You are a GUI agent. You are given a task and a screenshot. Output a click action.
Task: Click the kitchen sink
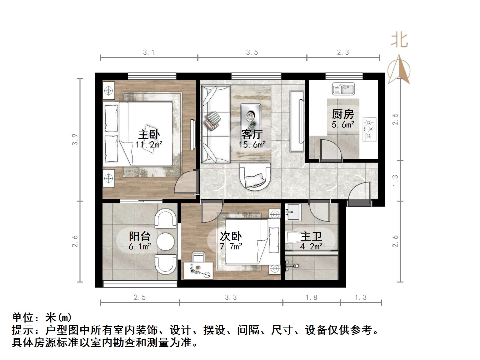coord(343,89)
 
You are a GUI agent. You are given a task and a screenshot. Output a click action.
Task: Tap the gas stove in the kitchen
coord(369,129)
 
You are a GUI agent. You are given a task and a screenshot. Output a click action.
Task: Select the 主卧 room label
coord(149,135)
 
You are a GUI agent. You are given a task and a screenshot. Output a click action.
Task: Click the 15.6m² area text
coord(252,145)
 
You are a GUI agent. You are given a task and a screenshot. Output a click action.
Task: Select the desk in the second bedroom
coord(198,271)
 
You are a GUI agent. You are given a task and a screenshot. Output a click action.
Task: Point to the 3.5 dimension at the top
coord(252,52)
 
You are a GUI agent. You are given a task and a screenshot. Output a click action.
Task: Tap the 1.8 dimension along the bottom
coord(311,297)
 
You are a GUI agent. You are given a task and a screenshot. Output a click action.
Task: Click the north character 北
coord(399,40)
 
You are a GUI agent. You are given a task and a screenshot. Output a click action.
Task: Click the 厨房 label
coord(343,114)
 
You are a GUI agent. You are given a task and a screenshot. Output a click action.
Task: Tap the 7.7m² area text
coord(231,247)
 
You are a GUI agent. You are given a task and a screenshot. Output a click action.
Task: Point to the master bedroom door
coord(187,184)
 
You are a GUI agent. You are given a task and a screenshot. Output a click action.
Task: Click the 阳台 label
coord(140,236)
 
